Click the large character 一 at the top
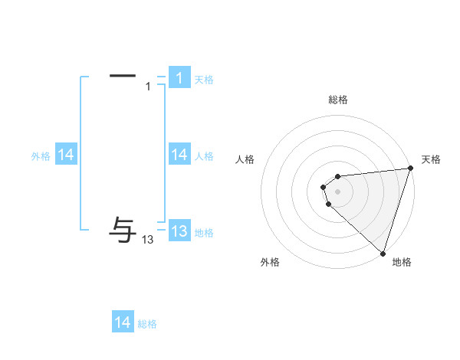pos(123,76)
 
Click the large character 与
pos(123,227)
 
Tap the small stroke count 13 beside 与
pos(148,240)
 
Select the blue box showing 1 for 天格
pos(179,77)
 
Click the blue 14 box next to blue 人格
pos(179,155)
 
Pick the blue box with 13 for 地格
pos(179,231)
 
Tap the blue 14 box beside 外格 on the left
pos(65,155)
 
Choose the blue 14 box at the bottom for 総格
pos(122,322)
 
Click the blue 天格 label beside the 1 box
pos(204,80)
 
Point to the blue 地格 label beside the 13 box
pos(204,233)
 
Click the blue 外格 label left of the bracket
pos(41,156)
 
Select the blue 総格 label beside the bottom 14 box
pos(147,324)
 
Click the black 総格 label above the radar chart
pos(337,100)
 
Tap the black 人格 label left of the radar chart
pos(245,159)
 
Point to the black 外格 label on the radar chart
pos(270,262)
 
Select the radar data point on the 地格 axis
pos(383,253)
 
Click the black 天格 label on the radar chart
pos(431,159)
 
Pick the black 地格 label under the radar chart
pos(402,262)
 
